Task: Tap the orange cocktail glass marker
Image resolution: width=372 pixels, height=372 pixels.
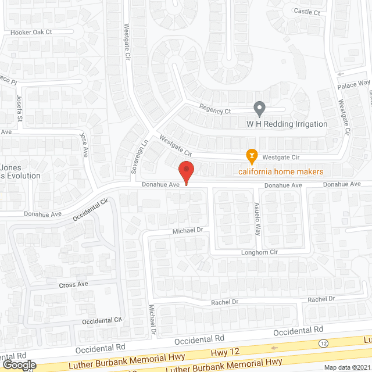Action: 251,155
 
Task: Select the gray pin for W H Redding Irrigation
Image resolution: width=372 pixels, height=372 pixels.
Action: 260,108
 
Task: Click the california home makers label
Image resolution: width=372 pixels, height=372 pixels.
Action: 280,171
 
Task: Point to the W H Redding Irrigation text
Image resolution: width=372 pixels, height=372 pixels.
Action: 287,124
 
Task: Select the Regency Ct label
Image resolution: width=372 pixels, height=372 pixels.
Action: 215,109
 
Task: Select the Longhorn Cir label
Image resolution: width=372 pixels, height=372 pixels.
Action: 260,252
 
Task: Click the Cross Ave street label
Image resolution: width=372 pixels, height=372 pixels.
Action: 73,285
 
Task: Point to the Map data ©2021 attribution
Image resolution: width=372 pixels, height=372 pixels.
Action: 347,367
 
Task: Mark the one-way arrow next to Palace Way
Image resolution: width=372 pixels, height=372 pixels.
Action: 341,74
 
